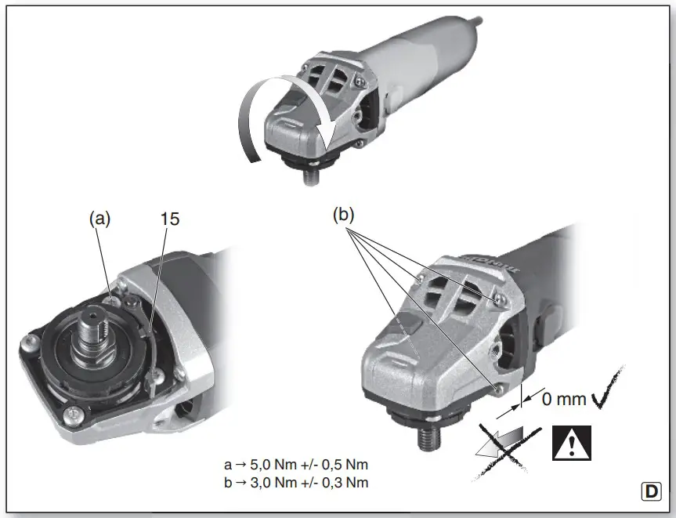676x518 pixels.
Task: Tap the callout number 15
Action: [x=170, y=219]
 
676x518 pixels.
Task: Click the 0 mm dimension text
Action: [x=563, y=398]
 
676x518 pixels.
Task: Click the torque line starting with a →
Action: [x=295, y=466]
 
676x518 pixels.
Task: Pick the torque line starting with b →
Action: [x=295, y=482]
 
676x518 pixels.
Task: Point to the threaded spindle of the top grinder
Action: [x=310, y=173]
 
